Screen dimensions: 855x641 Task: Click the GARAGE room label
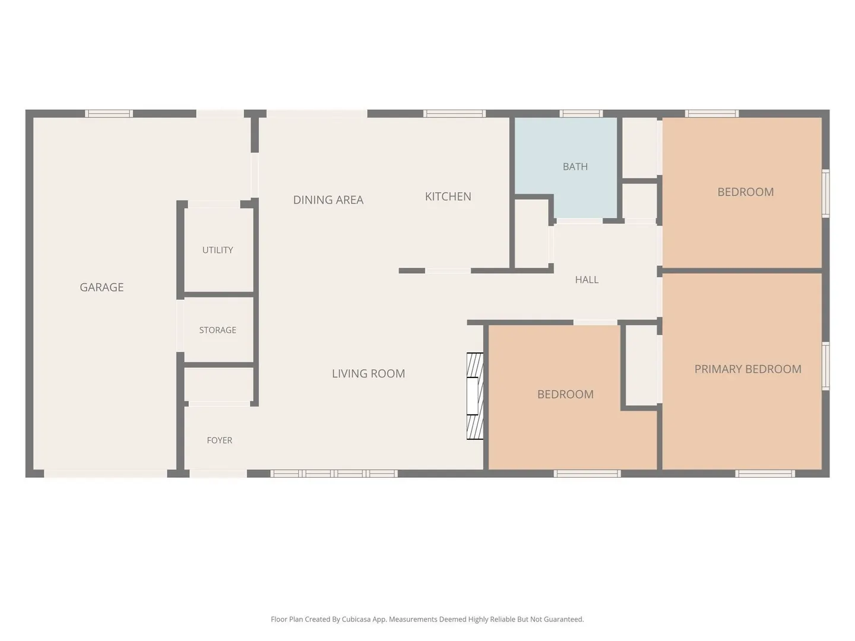tap(102, 287)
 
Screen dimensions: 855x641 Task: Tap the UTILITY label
tap(217, 250)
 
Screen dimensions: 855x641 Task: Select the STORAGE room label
tap(217, 330)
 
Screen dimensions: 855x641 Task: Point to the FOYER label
tap(219, 440)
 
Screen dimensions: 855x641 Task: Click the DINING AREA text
tap(328, 200)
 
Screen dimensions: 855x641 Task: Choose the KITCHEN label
tap(448, 196)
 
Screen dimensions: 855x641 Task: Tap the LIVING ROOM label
tap(368, 374)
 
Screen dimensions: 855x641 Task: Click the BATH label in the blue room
tap(575, 167)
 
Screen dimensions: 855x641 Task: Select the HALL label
tap(587, 280)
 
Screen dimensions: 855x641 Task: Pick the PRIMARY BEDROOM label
tap(748, 369)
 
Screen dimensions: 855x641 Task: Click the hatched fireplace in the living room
tap(475, 396)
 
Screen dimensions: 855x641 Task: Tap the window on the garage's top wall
tap(109, 113)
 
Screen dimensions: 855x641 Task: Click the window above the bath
tap(581, 113)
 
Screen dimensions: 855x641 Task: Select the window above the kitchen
tap(454, 113)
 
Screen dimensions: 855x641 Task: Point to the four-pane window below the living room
tap(334, 473)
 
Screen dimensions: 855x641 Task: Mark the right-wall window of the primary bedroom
tap(825, 366)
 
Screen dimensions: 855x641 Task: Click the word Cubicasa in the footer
tap(356, 619)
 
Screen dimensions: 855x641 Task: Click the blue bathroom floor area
tap(566, 156)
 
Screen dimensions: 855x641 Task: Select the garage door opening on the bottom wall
tap(105, 473)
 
